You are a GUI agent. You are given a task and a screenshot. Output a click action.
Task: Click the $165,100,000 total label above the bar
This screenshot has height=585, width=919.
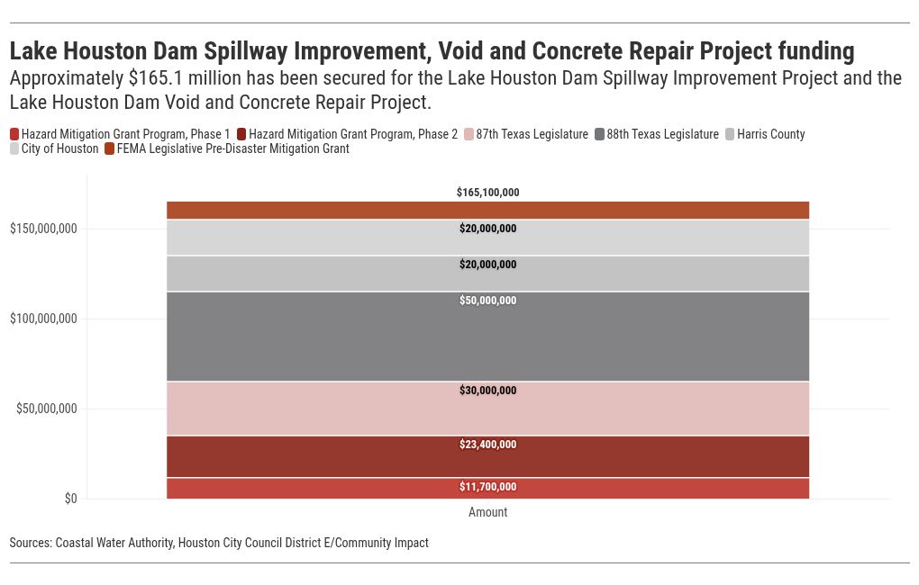click(x=487, y=193)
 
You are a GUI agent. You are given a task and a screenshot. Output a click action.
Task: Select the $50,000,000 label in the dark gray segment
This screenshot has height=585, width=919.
click(x=487, y=301)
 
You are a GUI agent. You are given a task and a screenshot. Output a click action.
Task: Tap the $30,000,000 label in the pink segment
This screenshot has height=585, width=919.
click(x=487, y=391)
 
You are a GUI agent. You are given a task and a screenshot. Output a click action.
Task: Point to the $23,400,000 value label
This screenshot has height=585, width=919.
click(x=487, y=445)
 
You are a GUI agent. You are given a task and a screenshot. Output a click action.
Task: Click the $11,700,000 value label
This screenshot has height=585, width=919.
click(x=487, y=487)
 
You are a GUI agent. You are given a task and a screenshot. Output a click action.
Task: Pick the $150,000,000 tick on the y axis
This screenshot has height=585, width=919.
click(x=43, y=229)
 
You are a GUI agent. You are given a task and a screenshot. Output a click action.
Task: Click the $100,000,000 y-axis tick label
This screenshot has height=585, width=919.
click(x=43, y=319)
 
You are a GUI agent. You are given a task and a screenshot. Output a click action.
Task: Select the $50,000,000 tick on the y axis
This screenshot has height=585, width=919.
click(x=47, y=409)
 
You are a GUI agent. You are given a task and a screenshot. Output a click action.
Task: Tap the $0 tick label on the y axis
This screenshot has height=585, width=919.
click(x=70, y=499)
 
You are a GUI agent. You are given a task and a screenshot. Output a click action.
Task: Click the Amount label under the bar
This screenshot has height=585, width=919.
click(x=487, y=512)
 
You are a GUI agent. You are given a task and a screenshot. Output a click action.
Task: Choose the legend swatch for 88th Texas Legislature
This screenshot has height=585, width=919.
click(x=599, y=134)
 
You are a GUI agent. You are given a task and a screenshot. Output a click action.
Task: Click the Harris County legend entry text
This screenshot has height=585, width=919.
click(x=770, y=134)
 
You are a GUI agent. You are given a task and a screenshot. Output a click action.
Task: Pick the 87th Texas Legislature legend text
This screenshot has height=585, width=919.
click(x=532, y=134)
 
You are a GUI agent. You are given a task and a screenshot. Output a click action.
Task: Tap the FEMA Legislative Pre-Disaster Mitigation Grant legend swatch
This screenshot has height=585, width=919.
click(x=110, y=148)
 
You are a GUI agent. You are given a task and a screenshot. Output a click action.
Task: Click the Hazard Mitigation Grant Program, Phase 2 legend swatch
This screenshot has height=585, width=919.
click(x=241, y=134)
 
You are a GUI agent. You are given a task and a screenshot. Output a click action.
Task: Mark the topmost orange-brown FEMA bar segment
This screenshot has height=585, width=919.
click(x=487, y=210)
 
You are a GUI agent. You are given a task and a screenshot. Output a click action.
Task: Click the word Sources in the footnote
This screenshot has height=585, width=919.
click(x=30, y=543)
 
